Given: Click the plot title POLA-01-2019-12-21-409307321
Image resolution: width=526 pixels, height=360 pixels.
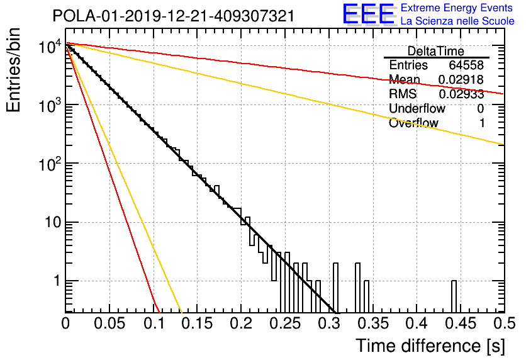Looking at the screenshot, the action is (x=174, y=16).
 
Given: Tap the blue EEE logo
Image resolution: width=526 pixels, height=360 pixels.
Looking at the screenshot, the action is (x=368, y=14).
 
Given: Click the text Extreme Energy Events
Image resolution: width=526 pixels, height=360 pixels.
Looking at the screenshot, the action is (x=457, y=8).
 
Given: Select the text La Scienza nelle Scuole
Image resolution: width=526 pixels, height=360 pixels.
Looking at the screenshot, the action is (x=457, y=21).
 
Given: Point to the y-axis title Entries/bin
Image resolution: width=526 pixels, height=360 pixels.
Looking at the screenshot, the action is (x=13, y=70).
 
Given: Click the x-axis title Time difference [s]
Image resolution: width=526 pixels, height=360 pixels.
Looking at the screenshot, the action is (x=430, y=346).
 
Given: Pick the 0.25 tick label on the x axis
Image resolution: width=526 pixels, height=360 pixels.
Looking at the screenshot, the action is (x=285, y=323).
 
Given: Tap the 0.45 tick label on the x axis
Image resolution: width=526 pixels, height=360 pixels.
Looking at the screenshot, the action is (x=461, y=323).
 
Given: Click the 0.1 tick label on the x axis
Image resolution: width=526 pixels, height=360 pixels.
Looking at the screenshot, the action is (x=154, y=323).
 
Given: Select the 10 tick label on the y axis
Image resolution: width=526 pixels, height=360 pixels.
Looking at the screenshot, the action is (x=52, y=222).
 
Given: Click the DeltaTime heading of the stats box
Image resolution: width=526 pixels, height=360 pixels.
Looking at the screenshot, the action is (x=436, y=51).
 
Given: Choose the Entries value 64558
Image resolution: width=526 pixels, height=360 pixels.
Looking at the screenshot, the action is (x=466, y=65).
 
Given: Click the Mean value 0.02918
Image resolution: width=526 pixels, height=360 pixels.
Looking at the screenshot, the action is (x=461, y=79).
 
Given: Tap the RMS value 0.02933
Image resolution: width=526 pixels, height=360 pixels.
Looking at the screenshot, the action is (x=461, y=94).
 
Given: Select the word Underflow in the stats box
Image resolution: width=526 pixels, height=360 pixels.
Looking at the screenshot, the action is (x=417, y=109).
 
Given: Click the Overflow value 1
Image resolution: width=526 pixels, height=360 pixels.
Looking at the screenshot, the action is (x=482, y=123).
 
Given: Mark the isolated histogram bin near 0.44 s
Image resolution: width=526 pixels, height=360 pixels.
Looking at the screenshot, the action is (x=454, y=296).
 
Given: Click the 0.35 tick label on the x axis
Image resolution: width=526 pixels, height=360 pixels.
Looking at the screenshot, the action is (x=373, y=323).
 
